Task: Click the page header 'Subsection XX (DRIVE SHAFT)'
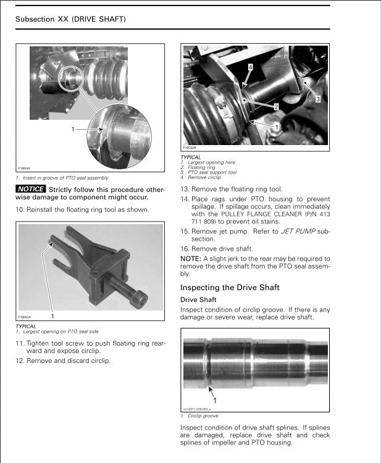(x=70, y=19)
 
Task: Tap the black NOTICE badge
(x=31, y=189)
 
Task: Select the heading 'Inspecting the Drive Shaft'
(x=230, y=288)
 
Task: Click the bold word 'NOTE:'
(x=190, y=259)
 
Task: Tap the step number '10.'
(x=20, y=210)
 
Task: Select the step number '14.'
(x=185, y=199)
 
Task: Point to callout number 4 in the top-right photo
(x=250, y=65)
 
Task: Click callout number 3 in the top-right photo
(x=317, y=99)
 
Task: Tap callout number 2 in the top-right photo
(x=275, y=106)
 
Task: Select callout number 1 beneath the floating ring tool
(x=52, y=315)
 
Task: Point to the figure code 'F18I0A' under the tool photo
(x=25, y=317)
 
